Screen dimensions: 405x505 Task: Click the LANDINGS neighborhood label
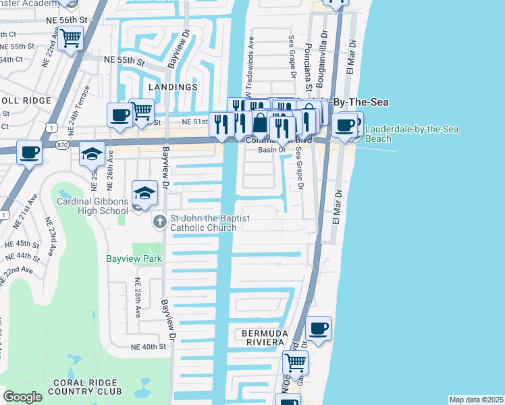[174, 87]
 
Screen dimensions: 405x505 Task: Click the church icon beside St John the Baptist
[159, 221]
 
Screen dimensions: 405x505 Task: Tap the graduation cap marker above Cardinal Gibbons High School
[144, 193]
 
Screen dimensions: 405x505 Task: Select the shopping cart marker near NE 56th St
[70, 39]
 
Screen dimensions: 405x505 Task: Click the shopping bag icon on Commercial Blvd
[260, 124]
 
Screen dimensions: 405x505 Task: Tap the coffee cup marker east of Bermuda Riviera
[318, 329]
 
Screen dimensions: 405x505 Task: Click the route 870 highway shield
[63, 144]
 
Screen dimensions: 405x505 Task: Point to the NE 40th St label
[149, 347]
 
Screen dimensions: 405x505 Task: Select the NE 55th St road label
[124, 61]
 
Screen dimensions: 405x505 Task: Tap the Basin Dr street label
[273, 150]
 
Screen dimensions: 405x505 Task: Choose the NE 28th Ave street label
[138, 298]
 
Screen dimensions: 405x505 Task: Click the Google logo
[23, 397]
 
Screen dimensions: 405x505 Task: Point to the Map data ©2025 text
[476, 400]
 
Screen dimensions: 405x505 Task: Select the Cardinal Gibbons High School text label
[92, 206]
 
